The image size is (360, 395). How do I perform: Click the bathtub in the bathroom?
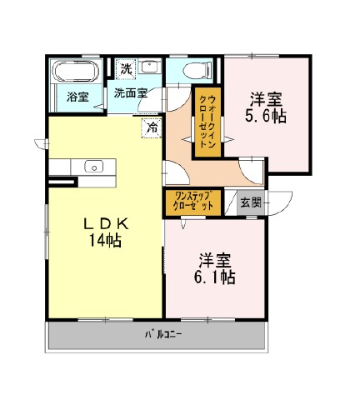[x=76, y=71]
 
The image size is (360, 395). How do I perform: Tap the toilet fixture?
[x=197, y=70]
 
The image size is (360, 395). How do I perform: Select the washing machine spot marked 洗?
[x=126, y=68]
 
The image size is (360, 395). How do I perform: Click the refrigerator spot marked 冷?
[x=152, y=127]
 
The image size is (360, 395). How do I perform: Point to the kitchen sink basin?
[x=94, y=167]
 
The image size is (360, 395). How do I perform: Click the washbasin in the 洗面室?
[x=149, y=67]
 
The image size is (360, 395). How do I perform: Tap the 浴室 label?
[x=77, y=97]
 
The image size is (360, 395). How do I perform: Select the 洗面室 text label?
[x=130, y=93]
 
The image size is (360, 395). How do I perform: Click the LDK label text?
[x=106, y=223]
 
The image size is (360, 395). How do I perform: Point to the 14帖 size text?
[x=105, y=240]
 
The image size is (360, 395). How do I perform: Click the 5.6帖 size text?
[x=266, y=117]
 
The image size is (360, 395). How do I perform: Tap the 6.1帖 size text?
[x=215, y=277]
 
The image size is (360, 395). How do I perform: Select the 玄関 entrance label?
[x=251, y=203]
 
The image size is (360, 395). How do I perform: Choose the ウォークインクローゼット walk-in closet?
[x=207, y=122]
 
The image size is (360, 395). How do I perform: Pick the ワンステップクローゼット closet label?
[x=193, y=202]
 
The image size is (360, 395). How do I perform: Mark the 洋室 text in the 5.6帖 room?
[x=266, y=100]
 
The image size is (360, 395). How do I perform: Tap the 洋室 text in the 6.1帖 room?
[x=215, y=260]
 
